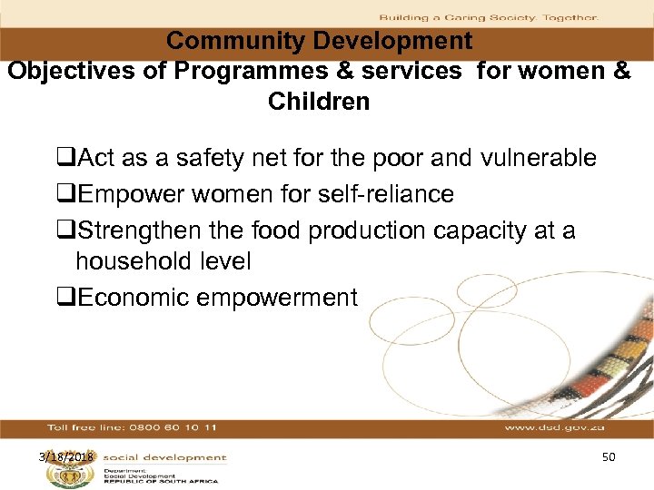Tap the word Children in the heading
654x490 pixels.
(319, 102)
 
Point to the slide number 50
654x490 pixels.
(608, 456)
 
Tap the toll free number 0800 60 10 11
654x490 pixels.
(173, 426)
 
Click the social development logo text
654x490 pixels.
(164, 457)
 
